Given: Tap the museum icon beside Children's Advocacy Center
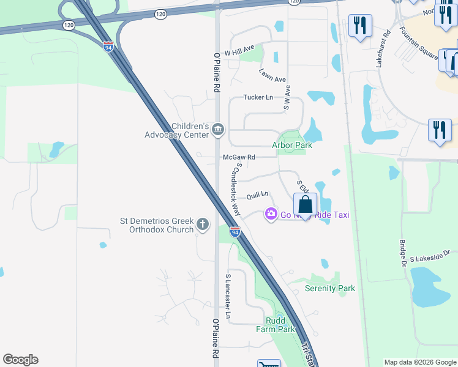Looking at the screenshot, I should tap(219, 130).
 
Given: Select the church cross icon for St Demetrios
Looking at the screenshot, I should tap(203, 225).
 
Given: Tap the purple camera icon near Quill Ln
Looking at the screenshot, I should tap(270, 214).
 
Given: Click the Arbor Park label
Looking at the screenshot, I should tap(292, 145).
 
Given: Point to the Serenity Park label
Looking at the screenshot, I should tap(330, 288).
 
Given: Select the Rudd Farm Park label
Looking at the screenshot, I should tap(276, 325).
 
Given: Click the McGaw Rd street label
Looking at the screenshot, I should tap(238, 157).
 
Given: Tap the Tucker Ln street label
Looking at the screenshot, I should tap(258, 97).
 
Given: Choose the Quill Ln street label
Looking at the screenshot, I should tap(258, 196).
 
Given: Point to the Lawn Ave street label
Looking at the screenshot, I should tap(272, 75).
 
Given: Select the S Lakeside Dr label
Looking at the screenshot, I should tap(430, 255).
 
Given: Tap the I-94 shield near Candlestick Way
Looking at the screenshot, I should tap(235, 231).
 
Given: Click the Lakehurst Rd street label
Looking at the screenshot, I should tap(383, 49).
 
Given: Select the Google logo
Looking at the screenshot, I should tap(20, 360).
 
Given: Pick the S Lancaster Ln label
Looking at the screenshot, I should tap(228, 296).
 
